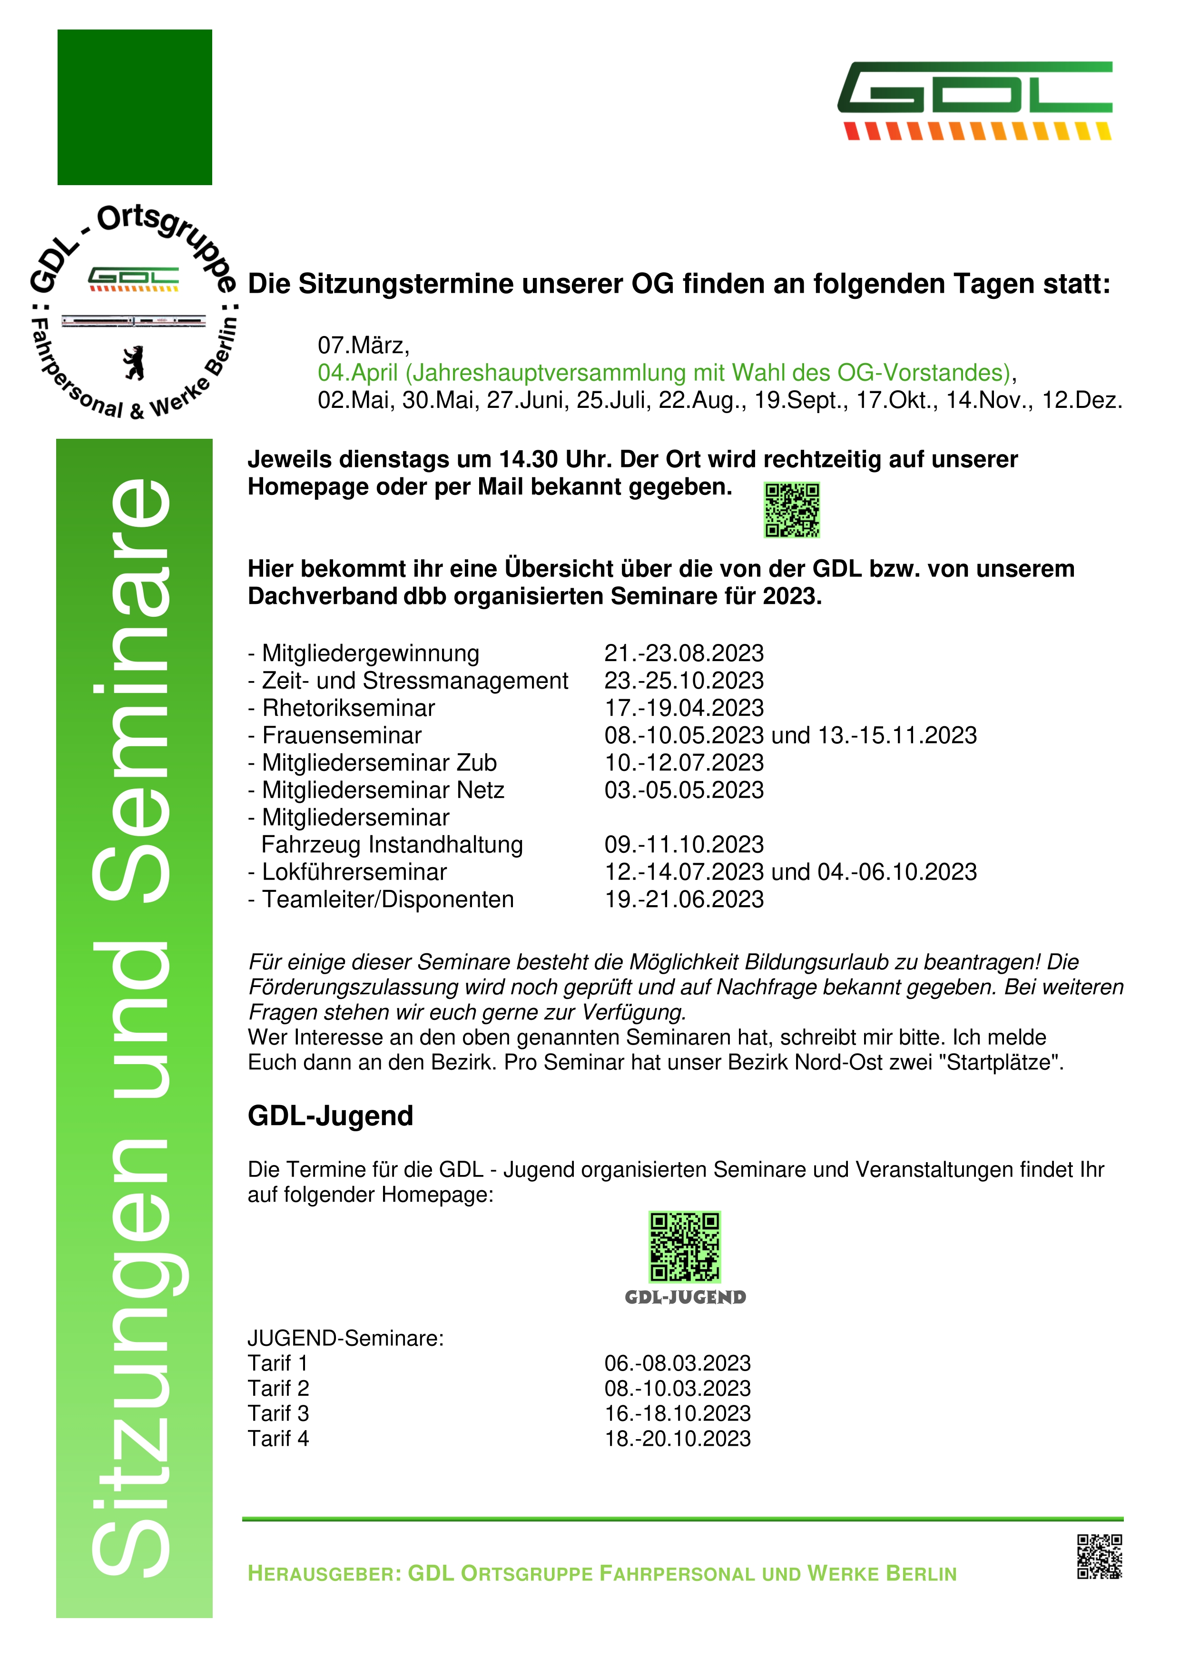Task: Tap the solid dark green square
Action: pos(135,107)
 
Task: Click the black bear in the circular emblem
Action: pos(134,363)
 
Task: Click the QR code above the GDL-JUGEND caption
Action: pos(685,1247)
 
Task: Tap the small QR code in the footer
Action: pos(1099,1556)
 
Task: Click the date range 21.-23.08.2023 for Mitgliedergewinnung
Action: pos(684,653)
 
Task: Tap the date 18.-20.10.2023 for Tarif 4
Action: pos(677,1439)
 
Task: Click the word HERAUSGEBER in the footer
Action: pos(324,1574)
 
